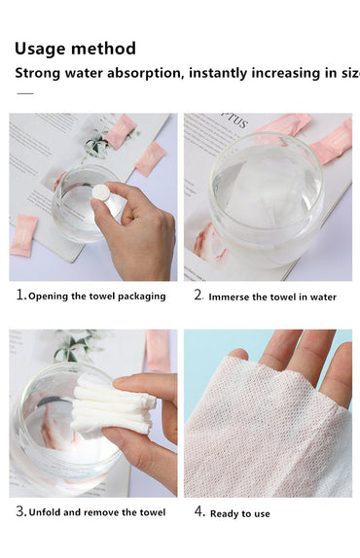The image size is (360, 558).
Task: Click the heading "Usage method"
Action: tap(75, 49)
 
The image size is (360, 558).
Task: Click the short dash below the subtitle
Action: tap(25, 93)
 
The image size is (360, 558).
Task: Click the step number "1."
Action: tap(20, 296)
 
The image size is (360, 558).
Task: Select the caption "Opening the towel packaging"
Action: tap(97, 296)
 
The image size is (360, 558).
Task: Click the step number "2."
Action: tap(198, 296)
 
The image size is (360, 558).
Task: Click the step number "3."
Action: tap(20, 511)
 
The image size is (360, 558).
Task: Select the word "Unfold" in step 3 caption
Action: tap(49, 512)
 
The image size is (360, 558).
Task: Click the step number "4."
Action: tap(198, 511)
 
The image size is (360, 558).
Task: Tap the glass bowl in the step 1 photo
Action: tap(78, 209)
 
